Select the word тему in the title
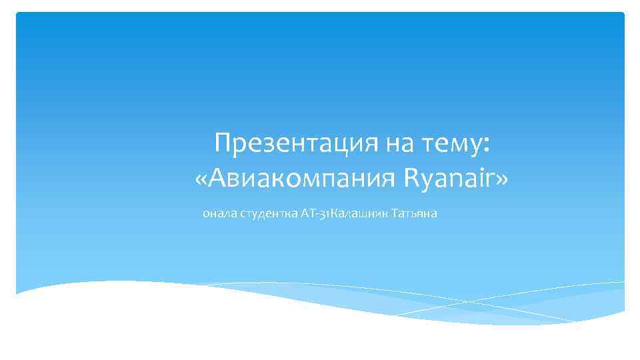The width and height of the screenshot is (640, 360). click(451, 143)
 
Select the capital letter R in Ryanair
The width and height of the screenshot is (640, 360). click(411, 178)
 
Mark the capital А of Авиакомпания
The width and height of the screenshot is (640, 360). click(221, 178)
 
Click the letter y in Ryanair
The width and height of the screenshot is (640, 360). click(427, 181)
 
